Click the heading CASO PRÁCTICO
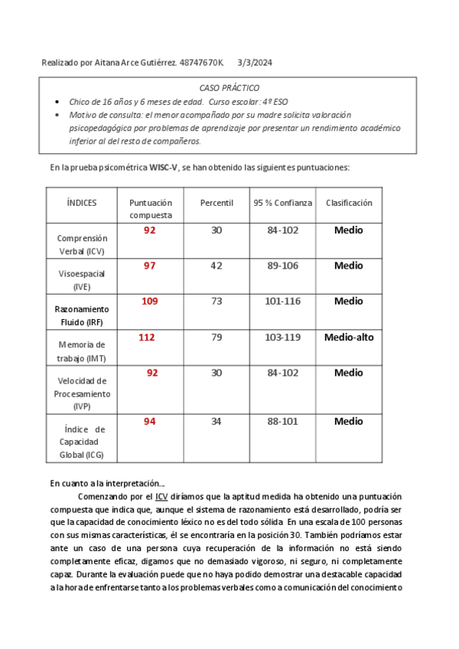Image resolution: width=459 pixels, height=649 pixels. click(229, 88)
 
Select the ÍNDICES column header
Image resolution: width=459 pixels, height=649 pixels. click(82, 203)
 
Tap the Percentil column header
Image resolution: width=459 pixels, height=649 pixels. click(216, 203)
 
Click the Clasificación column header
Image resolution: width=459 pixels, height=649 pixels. click(349, 203)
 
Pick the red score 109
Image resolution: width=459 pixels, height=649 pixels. click(150, 302)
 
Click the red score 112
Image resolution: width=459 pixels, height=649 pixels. click(146, 337)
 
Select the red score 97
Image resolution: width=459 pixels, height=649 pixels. click(150, 266)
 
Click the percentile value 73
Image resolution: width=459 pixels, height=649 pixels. click(216, 302)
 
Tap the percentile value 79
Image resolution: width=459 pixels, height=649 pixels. click(216, 338)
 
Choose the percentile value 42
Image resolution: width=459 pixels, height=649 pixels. click(216, 266)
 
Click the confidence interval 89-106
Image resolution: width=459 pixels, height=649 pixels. click(283, 266)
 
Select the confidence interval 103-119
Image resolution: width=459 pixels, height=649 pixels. click(283, 338)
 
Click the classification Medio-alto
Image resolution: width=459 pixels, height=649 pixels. click(349, 337)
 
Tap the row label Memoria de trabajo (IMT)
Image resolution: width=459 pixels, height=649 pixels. click(82, 351)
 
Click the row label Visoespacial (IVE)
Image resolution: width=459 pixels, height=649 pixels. click(82, 279)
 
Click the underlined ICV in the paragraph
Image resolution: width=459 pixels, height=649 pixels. click(161, 496)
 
